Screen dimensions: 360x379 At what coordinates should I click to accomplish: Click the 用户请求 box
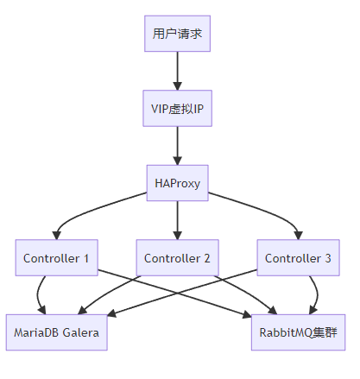click(x=177, y=34)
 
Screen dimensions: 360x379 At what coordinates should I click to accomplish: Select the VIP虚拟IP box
click(x=177, y=108)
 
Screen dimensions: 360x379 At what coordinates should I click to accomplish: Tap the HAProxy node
click(x=177, y=183)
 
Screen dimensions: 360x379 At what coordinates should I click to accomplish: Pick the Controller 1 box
click(x=57, y=257)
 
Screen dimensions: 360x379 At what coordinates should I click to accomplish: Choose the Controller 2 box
click(x=177, y=257)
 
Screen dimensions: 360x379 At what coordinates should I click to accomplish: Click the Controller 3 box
click(x=298, y=257)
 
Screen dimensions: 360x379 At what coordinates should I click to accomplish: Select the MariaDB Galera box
click(x=57, y=332)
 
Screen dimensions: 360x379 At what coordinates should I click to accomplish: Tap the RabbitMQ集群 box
click(x=298, y=332)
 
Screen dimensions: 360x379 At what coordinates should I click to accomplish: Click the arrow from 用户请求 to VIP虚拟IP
click(x=177, y=71)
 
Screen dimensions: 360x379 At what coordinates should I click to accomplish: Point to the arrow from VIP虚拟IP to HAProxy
click(x=177, y=146)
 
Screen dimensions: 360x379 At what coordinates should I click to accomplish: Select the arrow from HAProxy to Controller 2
click(x=177, y=220)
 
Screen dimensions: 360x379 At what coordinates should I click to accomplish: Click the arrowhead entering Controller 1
click(x=57, y=235)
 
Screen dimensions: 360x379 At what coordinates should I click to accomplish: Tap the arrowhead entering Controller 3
click(x=299, y=235)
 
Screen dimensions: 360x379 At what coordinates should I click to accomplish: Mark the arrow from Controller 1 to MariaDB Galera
click(x=38, y=295)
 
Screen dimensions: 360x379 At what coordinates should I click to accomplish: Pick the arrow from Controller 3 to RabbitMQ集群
click(x=317, y=295)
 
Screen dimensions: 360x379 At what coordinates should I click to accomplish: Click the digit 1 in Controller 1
click(x=86, y=258)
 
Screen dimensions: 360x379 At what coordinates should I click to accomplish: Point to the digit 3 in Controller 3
click(x=328, y=258)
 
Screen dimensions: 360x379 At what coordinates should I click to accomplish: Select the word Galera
click(x=80, y=332)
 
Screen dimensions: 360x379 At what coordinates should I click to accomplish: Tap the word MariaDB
click(x=36, y=332)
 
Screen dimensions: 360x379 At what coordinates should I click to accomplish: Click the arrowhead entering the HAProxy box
click(x=177, y=161)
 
